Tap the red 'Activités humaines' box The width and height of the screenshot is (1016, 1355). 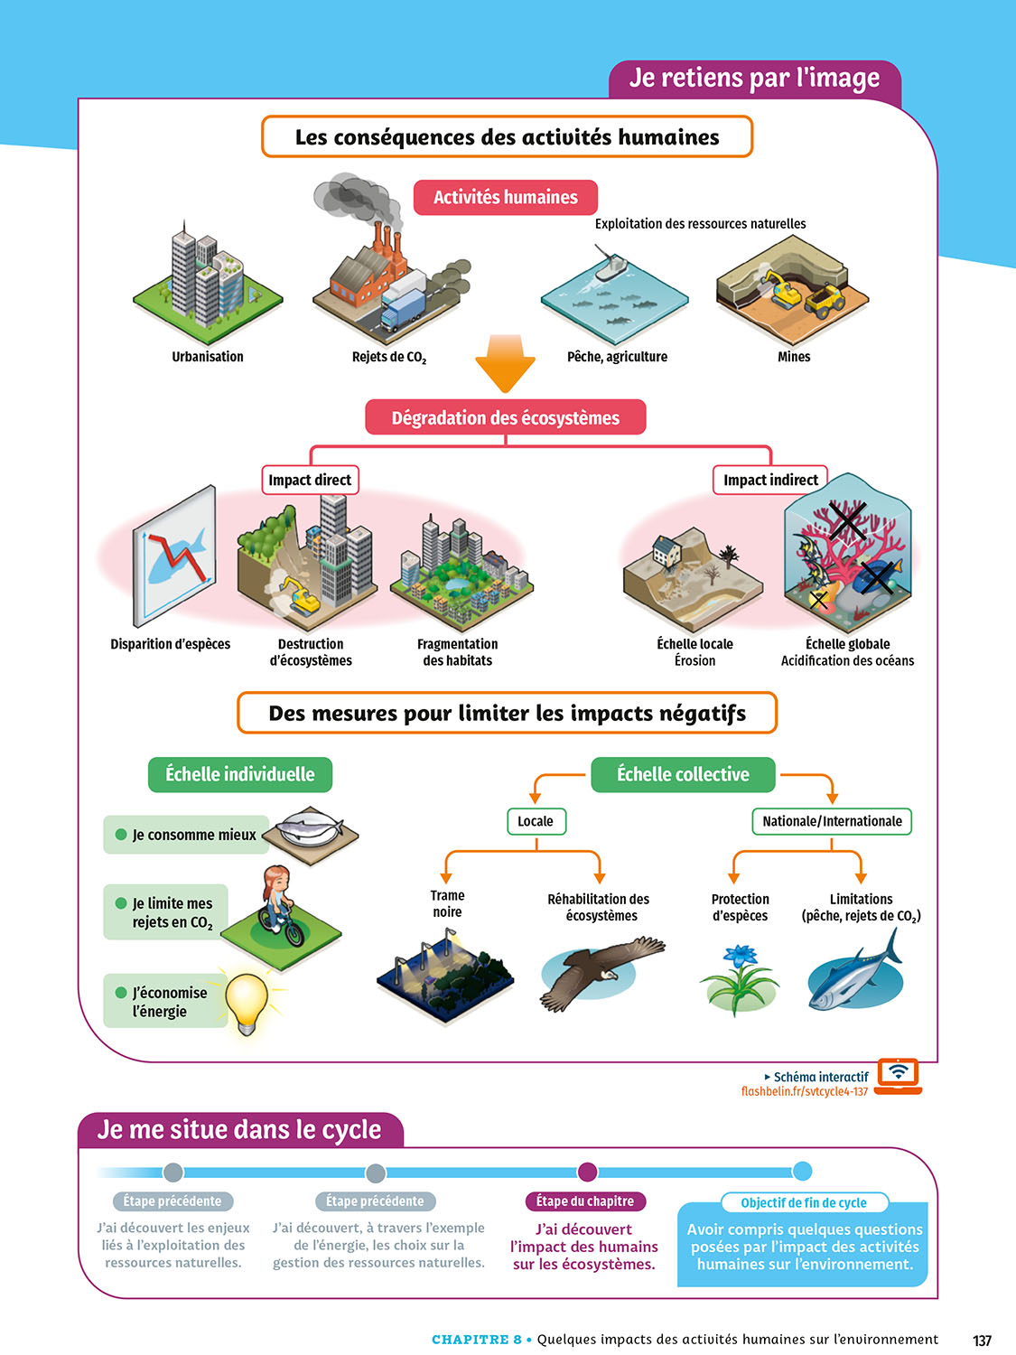point(506,197)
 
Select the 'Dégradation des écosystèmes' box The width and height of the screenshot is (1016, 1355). point(506,417)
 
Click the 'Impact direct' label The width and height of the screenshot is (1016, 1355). point(310,480)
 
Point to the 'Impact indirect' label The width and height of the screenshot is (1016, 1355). point(770,480)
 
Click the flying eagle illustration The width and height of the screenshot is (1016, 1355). point(601,971)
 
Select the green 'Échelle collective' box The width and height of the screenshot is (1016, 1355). point(683,774)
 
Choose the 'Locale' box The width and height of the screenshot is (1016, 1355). point(536,821)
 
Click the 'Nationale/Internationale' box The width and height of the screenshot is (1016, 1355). point(832,821)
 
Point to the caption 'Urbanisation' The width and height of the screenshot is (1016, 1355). point(208,357)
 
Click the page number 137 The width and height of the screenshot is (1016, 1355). point(983,1341)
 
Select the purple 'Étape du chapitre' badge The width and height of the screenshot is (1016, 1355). point(585,1201)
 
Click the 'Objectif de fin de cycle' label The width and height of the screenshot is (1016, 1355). point(804,1203)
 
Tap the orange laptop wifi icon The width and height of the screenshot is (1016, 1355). point(899,1074)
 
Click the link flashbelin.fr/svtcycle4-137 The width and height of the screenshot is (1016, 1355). point(805,1091)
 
